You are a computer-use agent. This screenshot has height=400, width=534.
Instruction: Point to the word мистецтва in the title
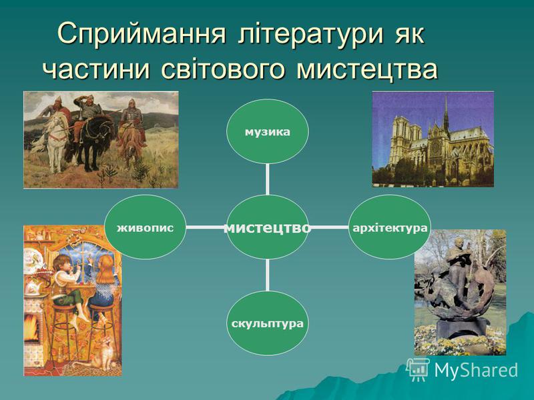(x=366, y=69)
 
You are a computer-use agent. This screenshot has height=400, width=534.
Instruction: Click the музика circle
(x=268, y=131)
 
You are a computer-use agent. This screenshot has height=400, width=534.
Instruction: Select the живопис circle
(x=146, y=227)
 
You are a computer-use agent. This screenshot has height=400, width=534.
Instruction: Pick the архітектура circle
(x=390, y=227)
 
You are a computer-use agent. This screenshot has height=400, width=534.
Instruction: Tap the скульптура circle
(x=268, y=323)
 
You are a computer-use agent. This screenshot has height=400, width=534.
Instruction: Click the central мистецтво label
(x=268, y=228)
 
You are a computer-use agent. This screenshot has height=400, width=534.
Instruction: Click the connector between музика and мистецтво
(x=268, y=179)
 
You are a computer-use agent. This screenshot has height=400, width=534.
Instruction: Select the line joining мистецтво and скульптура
(x=268, y=275)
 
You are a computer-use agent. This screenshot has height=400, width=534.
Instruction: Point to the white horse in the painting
(x=56, y=139)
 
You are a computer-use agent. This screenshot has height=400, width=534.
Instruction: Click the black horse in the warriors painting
(x=91, y=141)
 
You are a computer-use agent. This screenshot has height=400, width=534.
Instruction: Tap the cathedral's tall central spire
(x=446, y=112)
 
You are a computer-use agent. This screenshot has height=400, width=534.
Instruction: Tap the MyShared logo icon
(x=418, y=369)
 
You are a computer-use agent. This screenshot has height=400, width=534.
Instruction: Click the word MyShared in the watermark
(x=476, y=370)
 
